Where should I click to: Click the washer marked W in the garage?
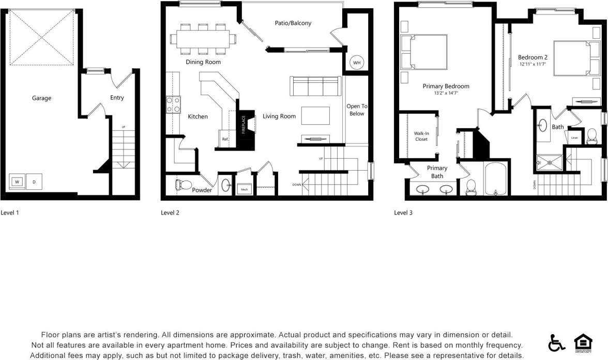click(x=17, y=182)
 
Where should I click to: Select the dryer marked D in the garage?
click(x=34, y=182)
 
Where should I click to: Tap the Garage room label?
click(x=41, y=98)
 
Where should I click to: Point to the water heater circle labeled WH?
click(x=356, y=63)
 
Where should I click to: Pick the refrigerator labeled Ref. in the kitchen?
click(x=225, y=139)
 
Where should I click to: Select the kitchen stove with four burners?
click(x=173, y=105)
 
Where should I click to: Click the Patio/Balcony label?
click(x=293, y=23)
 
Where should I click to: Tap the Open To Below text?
click(x=357, y=110)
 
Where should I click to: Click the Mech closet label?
click(x=244, y=190)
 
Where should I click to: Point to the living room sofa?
click(x=315, y=86)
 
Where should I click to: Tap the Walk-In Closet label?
click(x=421, y=136)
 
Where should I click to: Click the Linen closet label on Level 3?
click(x=574, y=138)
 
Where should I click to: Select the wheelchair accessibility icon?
click(x=556, y=342)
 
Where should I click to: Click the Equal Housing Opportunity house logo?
click(x=583, y=342)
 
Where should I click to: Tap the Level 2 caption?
click(x=170, y=213)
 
